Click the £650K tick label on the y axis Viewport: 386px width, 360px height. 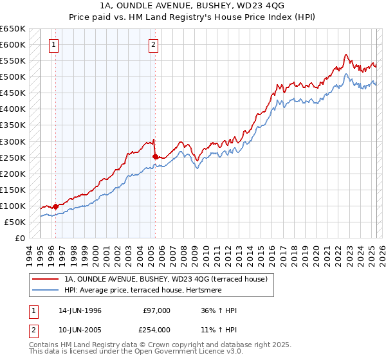click(13, 29)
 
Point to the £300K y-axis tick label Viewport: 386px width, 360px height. click(13, 141)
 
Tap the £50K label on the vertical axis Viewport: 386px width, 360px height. click(15, 222)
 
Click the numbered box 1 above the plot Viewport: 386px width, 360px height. click(53, 45)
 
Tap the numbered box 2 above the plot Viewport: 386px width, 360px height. click(154, 45)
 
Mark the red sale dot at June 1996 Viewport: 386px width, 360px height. click(56, 206)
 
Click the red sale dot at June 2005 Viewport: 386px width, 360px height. click(155, 156)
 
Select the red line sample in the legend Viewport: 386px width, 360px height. click(45, 279)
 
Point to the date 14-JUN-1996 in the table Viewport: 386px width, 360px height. click(80, 310)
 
